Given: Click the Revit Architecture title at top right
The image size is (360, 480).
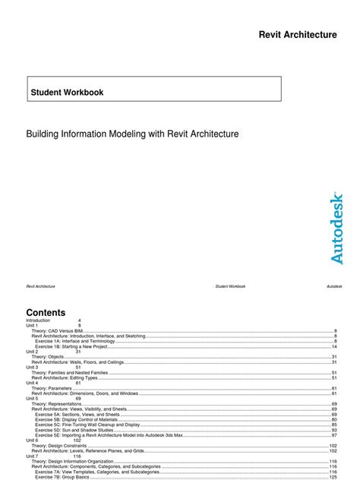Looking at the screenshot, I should tap(298, 34).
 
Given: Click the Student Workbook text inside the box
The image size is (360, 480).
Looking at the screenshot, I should tap(67, 93).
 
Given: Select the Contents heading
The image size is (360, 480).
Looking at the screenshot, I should tap(46, 312).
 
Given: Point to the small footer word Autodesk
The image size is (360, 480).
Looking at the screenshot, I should tap(334, 286).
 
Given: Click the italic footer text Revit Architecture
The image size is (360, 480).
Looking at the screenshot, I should tap(40, 286).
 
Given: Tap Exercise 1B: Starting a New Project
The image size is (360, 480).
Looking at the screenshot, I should tap(75, 346).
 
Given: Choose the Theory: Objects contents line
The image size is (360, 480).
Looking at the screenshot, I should tap(47, 357).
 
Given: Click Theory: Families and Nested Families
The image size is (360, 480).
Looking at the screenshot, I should tap(69, 373).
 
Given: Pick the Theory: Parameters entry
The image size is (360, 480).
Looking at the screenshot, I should tap(51, 388).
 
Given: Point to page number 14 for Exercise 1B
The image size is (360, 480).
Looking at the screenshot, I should tap(334, 346).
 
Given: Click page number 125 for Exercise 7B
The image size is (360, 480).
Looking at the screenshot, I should tap(333, 477).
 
